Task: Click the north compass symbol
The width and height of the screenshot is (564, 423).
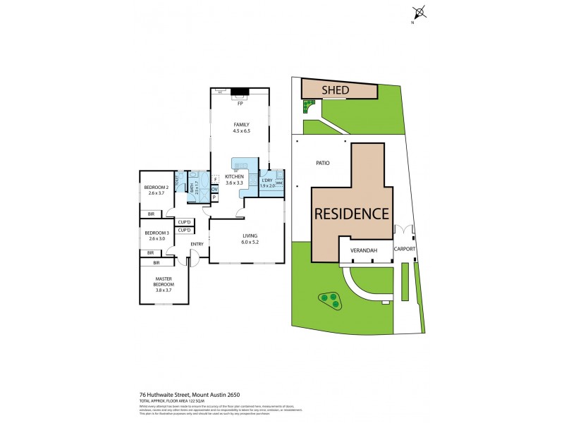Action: point(419,12)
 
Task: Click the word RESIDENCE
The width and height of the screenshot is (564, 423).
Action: point(352,213)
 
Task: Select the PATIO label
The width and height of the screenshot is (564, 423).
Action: point(321,163)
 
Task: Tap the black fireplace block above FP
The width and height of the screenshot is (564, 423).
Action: point(240,91)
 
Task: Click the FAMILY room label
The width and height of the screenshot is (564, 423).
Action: point(242,125)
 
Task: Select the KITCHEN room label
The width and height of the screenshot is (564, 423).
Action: point(234,176)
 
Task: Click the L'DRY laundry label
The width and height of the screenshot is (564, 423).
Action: point(269,180)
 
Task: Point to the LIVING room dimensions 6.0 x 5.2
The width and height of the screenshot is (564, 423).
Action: point(251,243)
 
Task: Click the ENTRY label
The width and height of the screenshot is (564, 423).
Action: point(197,245)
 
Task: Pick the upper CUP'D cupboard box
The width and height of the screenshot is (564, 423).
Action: point(185,222)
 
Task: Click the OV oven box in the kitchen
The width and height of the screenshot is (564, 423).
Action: point(214,190)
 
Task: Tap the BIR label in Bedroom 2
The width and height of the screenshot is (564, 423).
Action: point(151,214)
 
